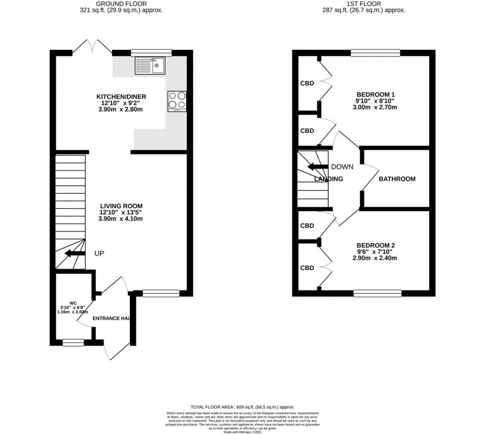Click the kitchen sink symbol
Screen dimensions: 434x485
coord(149,65)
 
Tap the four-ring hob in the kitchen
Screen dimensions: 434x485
coord(177,101)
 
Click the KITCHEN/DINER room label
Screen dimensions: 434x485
coord(123,97)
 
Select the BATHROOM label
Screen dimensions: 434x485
coord(397,179)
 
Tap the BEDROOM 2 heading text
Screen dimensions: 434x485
coord(376,245)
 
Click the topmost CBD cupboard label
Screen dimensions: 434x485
coord(307,84)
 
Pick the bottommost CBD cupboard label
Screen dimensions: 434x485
coord(307,268)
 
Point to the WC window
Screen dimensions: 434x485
coord(73,340)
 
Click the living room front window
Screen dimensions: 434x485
coord(161,293)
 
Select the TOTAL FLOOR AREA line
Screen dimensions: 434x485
coord(242,407)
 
